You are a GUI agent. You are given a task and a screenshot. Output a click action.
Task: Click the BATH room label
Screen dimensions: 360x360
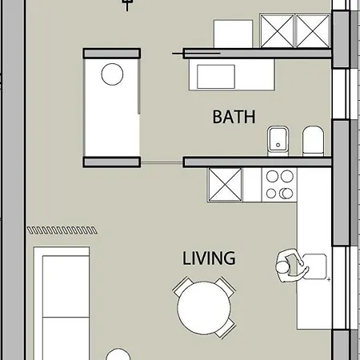point(234,117)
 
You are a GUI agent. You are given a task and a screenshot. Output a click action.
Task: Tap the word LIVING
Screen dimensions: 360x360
point(209,258)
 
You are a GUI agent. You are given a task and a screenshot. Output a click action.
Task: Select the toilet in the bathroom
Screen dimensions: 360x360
point(313,142)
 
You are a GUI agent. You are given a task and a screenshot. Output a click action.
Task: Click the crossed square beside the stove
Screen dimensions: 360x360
point(225,185)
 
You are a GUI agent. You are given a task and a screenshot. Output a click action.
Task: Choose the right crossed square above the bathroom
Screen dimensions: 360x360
point(314,32)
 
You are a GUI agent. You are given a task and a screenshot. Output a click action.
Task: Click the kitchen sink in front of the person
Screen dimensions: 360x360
point(314,264)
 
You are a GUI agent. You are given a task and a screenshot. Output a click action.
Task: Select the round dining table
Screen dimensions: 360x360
point(205,309)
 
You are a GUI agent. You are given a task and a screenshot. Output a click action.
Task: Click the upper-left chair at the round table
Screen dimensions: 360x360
point(183,286)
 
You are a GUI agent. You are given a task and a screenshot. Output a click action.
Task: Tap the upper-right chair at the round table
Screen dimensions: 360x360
point(225,286)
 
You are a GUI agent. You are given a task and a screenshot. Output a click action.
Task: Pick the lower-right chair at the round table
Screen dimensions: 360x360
point(226,329)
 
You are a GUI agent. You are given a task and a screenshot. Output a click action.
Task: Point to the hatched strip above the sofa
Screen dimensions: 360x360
point(63,230)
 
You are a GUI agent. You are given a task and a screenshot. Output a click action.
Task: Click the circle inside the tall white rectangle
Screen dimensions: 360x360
point(112,75)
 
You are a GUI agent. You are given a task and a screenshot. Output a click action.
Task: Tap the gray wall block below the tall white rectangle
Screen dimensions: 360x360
point(112,162)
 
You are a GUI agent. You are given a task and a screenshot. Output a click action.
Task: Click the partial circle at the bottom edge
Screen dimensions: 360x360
point(118,355)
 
